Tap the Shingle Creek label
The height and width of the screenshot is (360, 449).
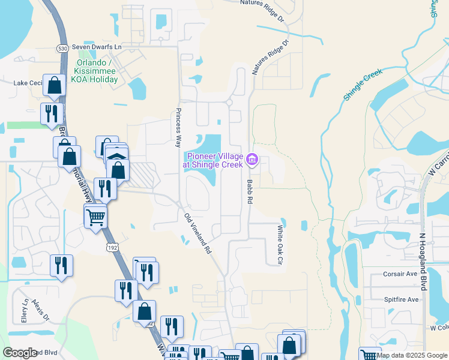(363, 85)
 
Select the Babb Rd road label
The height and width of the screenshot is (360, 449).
(247, 193)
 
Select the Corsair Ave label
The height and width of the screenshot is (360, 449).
(400, 274)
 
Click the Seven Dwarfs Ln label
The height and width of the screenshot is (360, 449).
(97, 47)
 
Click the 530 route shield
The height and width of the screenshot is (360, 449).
(63, 47)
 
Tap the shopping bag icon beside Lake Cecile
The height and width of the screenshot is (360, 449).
(55, 86)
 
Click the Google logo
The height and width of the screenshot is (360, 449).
(20, 353)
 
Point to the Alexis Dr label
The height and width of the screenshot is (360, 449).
(41, 309)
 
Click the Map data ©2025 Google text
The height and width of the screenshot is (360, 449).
(412, 355)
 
